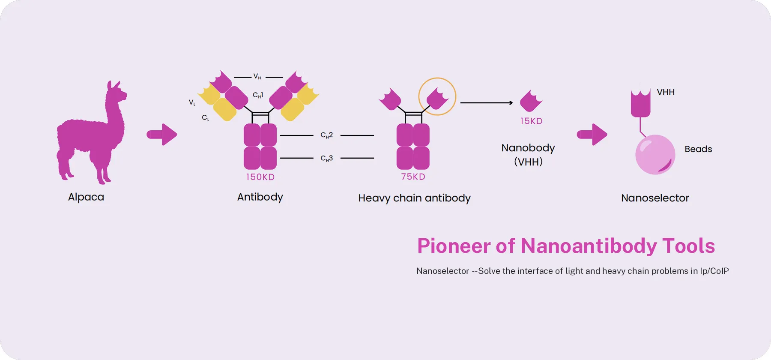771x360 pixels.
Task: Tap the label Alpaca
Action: pyautogui.click(x=86, y=197)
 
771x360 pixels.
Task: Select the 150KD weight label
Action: pyautogui.click(x=260, y=177)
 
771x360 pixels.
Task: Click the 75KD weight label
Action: pyautogui.click(x=413, y=177)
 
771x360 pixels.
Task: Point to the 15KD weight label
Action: pyautogui.click(x=531, y=121)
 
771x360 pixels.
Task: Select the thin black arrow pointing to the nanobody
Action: pyautogui.click(x=486, y=103)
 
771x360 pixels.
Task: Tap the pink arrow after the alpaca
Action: pyautogui.click(x=162, y=135)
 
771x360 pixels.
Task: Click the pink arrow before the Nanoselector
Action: pyautogui.click(x=592, y=135)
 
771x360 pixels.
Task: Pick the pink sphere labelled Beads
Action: pyautogui.click(x=655, y=154)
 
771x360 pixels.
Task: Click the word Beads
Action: pyautogui.click(x=698, y=149)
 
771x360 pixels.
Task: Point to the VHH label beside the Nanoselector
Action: pyautogui.click(x=666, y=92)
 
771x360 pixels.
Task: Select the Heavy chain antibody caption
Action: pyautogui.click(x=414, y=198)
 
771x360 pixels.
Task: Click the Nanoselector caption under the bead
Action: pyautogui.click(x=655, y=198)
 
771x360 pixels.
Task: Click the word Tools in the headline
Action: pyautogui.click(x=688, y=246)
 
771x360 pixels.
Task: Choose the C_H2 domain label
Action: pyautogui.click(x=326, y=135)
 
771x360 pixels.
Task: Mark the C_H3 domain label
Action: pyautogui.click(x=326, y=158)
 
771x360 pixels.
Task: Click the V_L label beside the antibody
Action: pyautogui.click(x=192, y=102)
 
